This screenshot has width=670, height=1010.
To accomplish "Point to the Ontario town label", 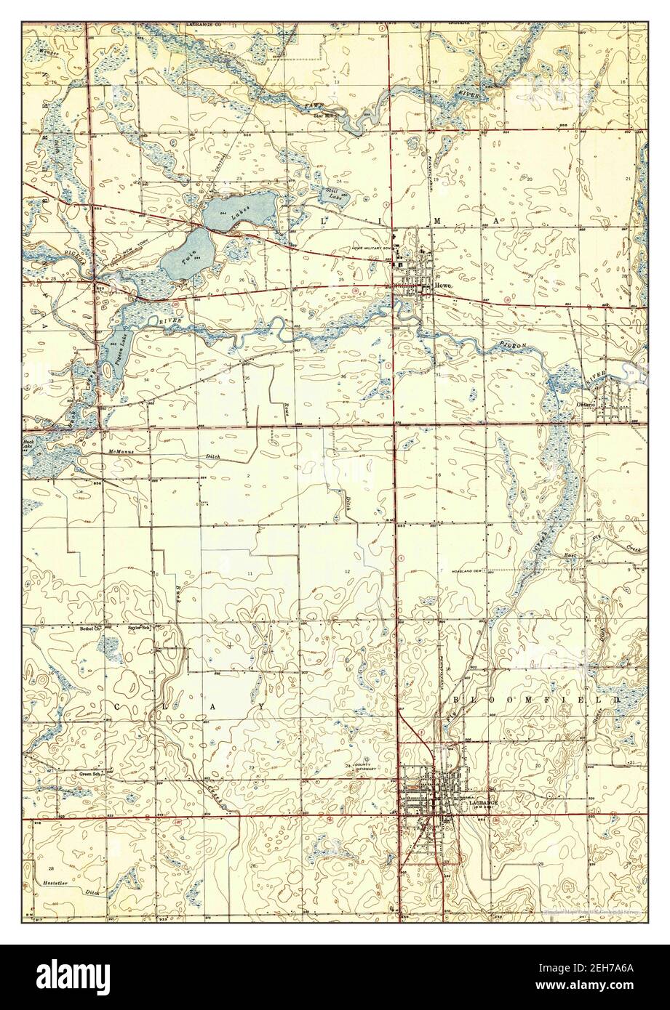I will [586, 404].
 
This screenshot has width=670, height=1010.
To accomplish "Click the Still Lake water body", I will [334, 195].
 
